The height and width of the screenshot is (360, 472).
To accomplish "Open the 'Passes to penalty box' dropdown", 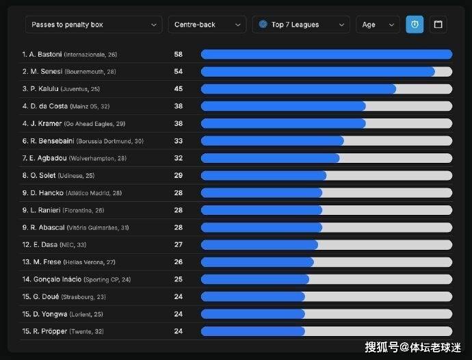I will (x=93, y=25).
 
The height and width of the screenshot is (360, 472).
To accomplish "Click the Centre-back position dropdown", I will (x=207, y=25).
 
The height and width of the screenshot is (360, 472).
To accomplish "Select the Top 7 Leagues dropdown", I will (x=300, y=25).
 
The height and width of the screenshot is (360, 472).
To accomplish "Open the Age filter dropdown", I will (x=378, y=25).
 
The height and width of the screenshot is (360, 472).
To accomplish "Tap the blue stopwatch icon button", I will (x=415, y=25).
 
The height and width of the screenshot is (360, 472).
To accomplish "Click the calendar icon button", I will (x=438, y=25).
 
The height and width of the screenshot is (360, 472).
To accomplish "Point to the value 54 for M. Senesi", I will (x=178, y=71).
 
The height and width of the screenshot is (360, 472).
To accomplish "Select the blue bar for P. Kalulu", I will (x=298, y=89).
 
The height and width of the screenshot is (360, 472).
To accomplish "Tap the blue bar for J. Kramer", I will (x=283, y=124).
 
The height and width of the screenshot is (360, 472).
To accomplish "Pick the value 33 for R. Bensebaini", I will (x=178, y=141).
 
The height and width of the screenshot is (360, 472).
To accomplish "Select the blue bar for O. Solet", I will (x=263, y=175).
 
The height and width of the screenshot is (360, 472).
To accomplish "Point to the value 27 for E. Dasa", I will (x=178, y=244).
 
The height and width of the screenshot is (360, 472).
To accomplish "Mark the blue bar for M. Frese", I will (x=257, y=262).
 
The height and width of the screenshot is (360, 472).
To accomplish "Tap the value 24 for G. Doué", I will (x=178, y=296).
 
